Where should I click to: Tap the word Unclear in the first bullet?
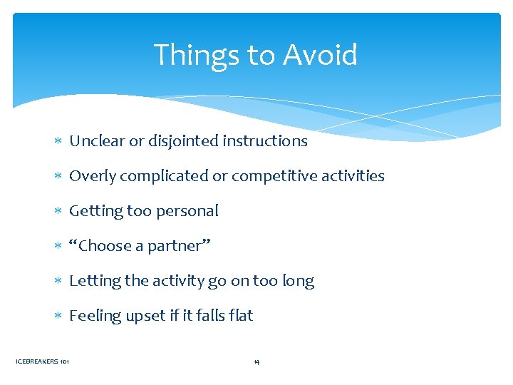coord(97,141)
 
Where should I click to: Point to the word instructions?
coord(265,141)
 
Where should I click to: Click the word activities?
coord(351,176)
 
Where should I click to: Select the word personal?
coord(192,211)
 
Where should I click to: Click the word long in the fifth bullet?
coord(299,281)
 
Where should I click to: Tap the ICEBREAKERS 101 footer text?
coord(42,362)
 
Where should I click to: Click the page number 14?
coord(256,362)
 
